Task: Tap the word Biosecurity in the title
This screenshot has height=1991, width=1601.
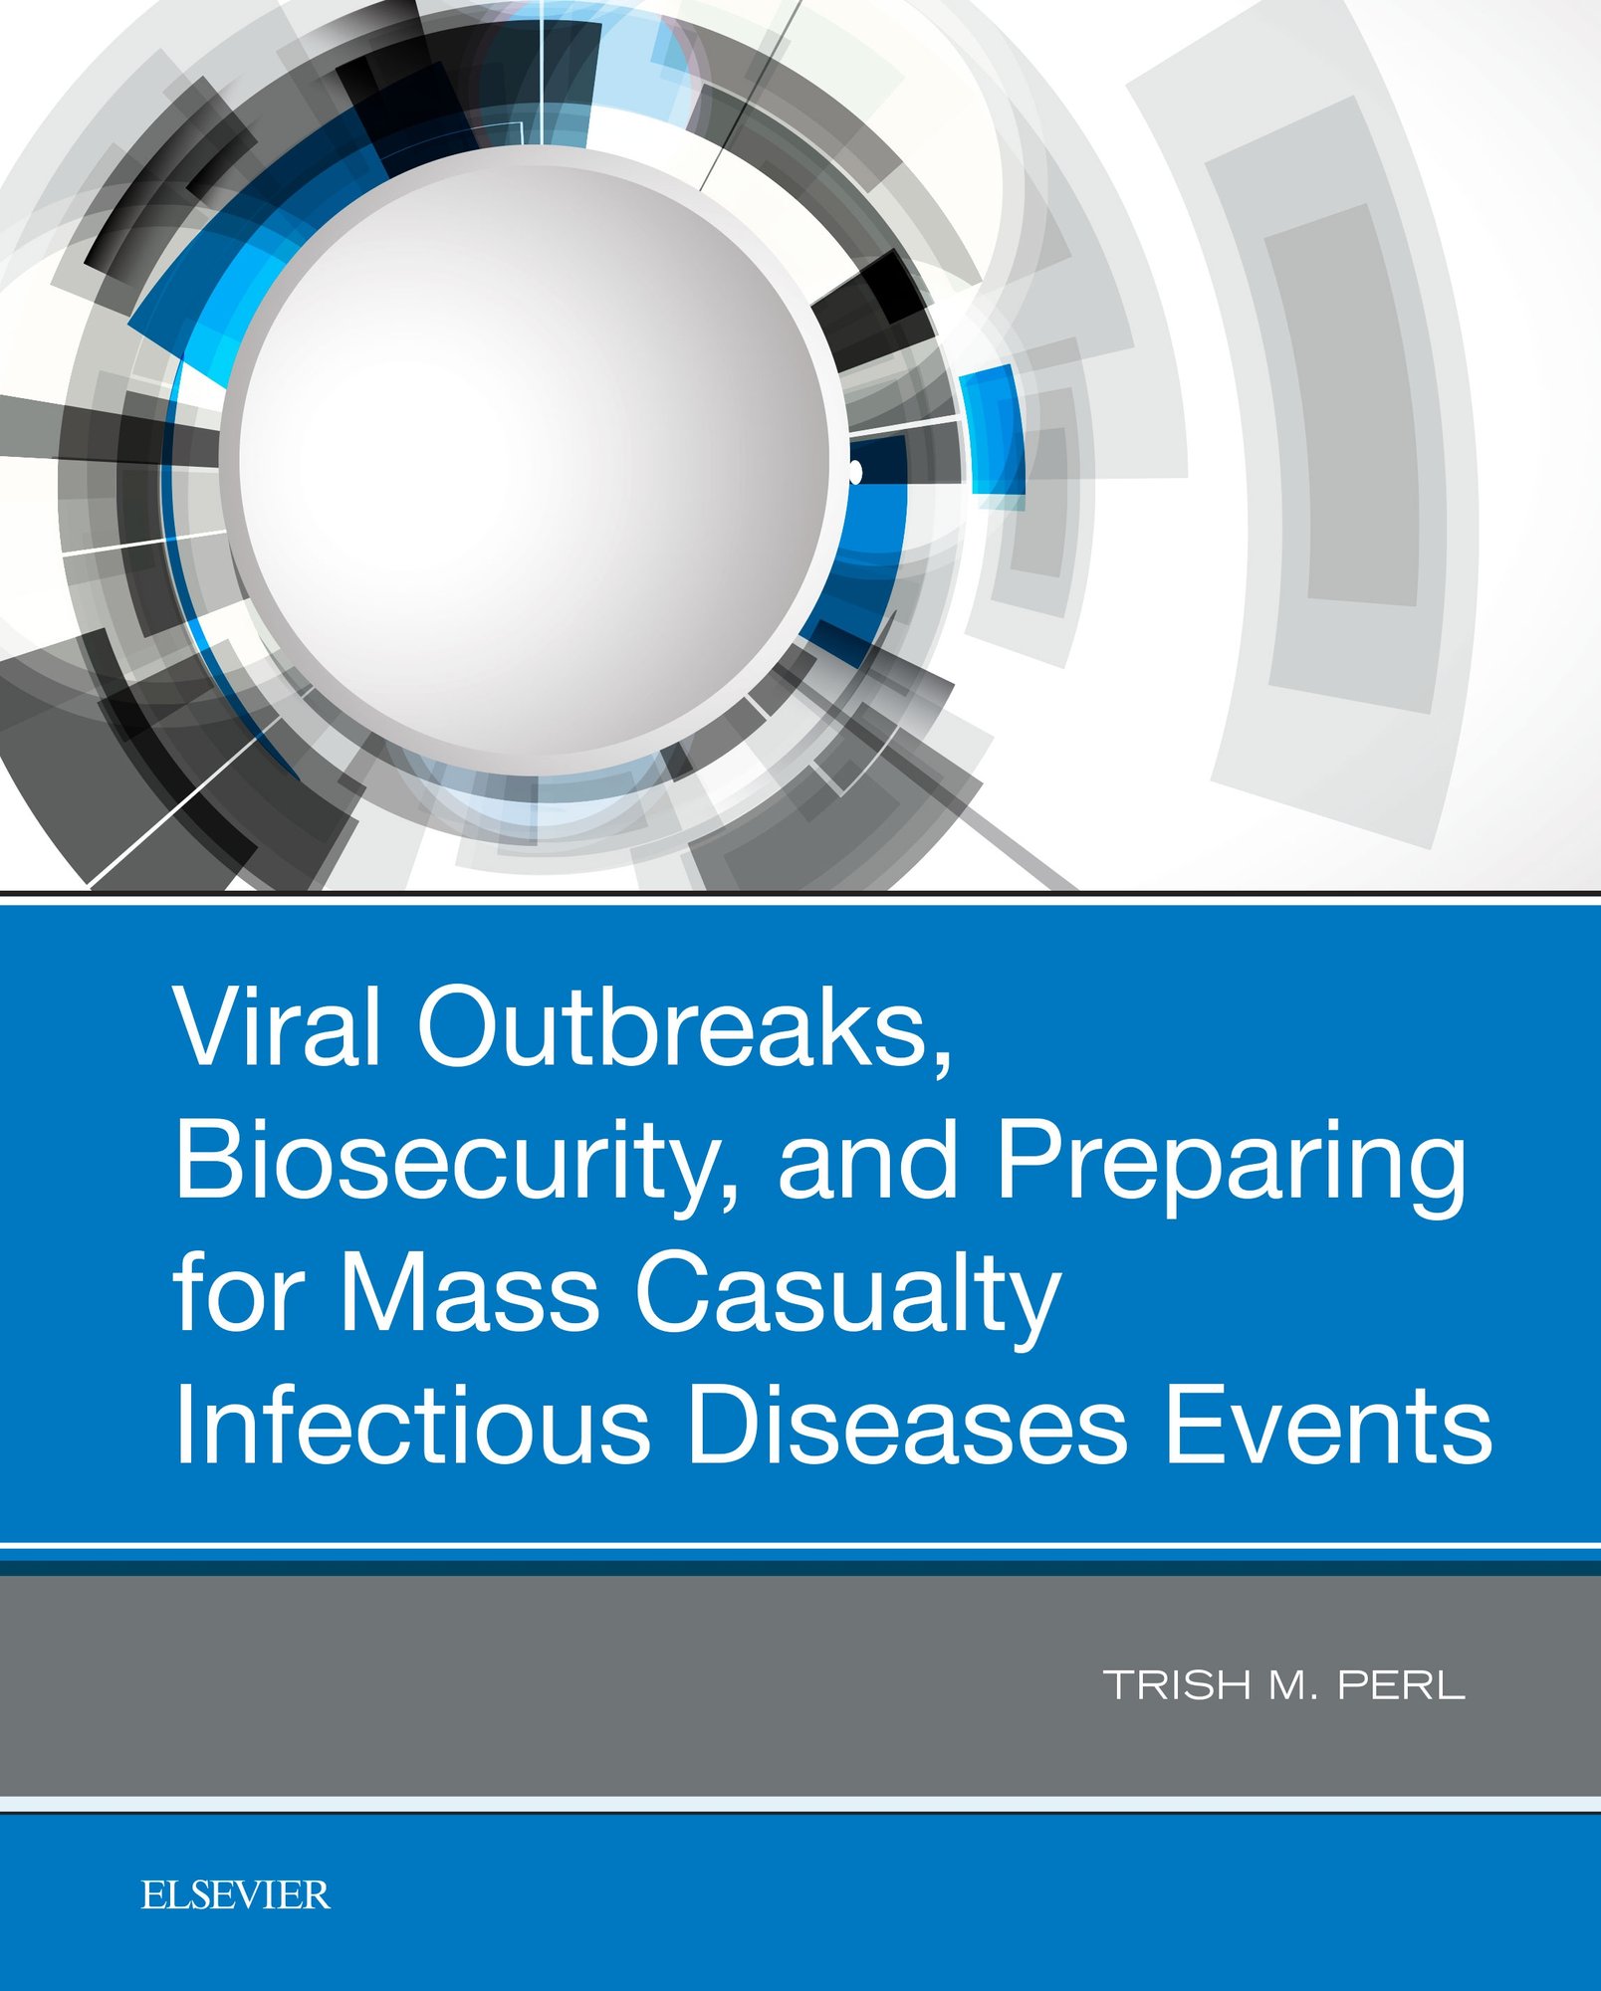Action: click(456, 1160)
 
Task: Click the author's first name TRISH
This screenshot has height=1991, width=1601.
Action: click(1177, 1685)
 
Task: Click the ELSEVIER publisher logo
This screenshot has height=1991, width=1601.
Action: click(235, 1894)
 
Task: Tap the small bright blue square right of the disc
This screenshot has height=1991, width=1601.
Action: click(992, 430)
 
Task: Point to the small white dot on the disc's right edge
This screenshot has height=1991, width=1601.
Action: click(855, 472)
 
